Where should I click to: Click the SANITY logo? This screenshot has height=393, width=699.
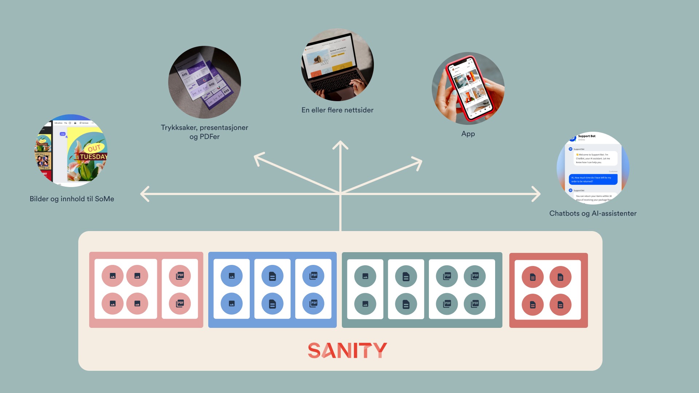[347, 350]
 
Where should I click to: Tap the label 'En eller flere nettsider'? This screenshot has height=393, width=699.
[337, 110]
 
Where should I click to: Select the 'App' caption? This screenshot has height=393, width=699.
[468, 134]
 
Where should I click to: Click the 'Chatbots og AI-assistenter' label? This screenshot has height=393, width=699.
[593, 213]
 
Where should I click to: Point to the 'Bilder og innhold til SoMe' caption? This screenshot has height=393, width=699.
[72, 199]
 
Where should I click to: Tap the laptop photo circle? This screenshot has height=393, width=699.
[337, 65]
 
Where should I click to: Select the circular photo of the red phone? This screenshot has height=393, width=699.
[468, 88]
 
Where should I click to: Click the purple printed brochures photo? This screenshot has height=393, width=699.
[204, 82]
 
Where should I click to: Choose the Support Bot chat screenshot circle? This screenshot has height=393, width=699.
[593, 168]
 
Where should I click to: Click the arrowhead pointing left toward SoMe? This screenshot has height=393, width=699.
[145, 194]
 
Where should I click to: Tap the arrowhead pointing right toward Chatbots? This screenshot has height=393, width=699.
[536, 194]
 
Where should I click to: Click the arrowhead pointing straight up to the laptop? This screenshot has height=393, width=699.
[340, 145]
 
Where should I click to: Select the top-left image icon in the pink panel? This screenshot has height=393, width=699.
[112, 276]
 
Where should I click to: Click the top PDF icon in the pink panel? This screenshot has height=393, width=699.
[180, 276]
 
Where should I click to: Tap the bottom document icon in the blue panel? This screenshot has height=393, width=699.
[272, 304]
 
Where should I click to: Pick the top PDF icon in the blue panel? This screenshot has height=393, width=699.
[313, 276]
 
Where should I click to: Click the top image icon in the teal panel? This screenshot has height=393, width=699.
[365, 276]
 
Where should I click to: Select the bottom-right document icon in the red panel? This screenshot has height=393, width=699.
[560, 305]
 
